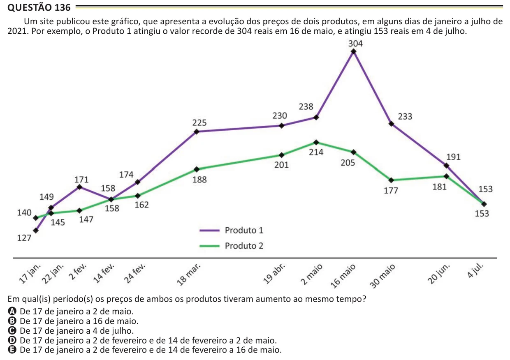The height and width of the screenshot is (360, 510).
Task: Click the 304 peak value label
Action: (355, 44)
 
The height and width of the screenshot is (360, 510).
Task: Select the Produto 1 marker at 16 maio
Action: (354, 52)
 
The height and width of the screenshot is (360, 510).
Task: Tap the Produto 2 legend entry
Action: (231, 246)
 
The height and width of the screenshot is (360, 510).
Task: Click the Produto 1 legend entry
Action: (231, 230)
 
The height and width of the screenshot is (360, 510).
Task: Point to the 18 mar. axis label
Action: (189, 275)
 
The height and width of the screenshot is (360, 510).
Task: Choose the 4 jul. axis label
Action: (475, 270)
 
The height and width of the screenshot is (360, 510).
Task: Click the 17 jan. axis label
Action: (30, 274)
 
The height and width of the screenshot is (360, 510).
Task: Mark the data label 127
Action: (24, 238)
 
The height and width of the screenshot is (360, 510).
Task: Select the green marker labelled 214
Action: (316, 143)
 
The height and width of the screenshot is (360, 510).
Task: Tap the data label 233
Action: (405, 117)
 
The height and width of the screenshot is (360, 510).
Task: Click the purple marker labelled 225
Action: (197, 132)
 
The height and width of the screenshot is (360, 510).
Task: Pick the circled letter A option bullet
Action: (12, 311)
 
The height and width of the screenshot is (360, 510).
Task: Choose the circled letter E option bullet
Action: (12, 350)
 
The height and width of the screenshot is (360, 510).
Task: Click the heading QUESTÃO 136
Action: (39, 7)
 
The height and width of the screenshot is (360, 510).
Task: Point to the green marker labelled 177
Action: (391, 180)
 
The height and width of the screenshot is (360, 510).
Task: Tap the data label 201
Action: (281, 165)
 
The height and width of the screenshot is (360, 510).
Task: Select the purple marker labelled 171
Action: (79, 187)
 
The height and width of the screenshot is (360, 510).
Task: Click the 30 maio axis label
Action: (382, 276)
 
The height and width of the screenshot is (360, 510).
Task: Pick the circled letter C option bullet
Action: (12, 330)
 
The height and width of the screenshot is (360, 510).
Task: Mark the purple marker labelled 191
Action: (447, 166)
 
